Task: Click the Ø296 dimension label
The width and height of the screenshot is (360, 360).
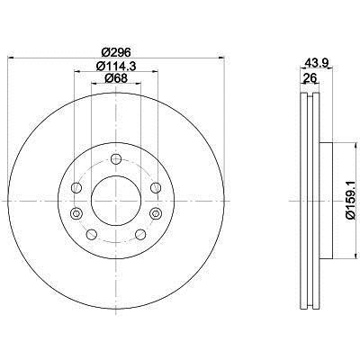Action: (116, 52)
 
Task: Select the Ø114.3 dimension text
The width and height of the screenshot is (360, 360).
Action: (116, 66)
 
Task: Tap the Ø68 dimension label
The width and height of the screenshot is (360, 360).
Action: (116, 78)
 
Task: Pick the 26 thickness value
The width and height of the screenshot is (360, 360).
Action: (310, 78)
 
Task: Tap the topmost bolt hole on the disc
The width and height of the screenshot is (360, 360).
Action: (116, 159)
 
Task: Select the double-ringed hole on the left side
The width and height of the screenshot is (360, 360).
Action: (76, 213)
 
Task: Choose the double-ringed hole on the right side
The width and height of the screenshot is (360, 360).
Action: (156, 213)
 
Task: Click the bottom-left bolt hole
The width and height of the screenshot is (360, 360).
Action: (92, 234)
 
